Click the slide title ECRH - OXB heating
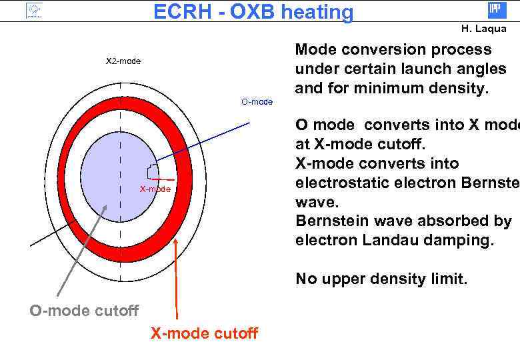click(x=253, y=12)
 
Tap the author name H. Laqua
click(x=483, y=29)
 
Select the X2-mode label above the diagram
click(x=123, y=61)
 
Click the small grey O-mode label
click(x=257, y=101)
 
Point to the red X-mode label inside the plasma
click(x=155, y=189)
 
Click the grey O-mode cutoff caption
click(x=84, y=310)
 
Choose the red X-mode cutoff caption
click(x=204, y=333)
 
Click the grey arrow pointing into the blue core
click(x=80, y=250)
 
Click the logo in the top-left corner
click(x=33, y=11)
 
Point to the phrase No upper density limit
click(x=381, y=279)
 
